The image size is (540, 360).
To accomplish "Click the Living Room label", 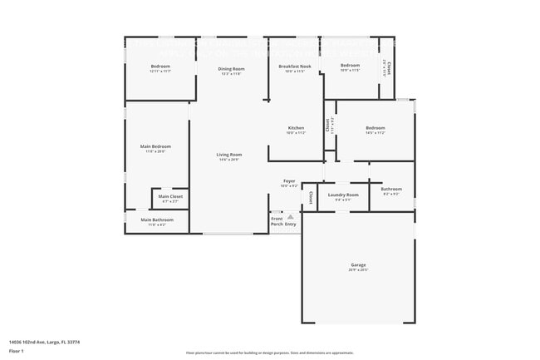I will [229, 155].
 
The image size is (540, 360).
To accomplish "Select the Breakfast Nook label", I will [295, 66].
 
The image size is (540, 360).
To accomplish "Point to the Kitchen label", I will [296, 128].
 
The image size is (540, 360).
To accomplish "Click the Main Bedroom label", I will [155, 146].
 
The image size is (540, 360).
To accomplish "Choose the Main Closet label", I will [170, 196].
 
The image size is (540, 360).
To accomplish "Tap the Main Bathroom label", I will [156, 219].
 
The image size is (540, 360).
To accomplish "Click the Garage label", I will [357, 265].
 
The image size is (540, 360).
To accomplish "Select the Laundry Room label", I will [342, 195].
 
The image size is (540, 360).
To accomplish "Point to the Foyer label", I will [289, 180].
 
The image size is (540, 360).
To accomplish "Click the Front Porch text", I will [277, 221].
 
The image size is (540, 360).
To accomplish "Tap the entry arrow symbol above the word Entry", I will [291, 215].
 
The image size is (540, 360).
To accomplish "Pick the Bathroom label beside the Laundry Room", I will [391, 189].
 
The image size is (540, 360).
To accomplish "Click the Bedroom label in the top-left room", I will [160, 66].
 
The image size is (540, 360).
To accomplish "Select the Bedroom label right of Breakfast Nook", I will [350, 65].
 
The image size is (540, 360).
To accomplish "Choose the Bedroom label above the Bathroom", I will [375, 128].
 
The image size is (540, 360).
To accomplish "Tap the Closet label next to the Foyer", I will [311, 197].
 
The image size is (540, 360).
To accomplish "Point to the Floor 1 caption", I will [16, 352].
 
